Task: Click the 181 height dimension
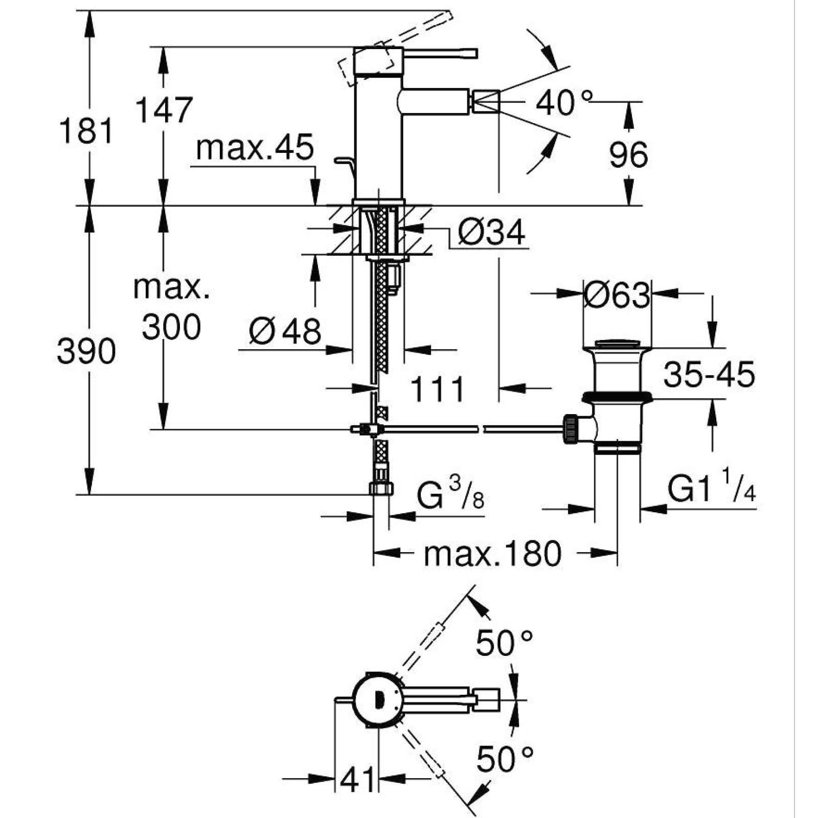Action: pos(86,130)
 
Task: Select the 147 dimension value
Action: pos(164,110)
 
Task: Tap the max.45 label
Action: pos(255,148)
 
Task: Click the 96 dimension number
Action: pos(628,154)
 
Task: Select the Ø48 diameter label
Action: pos(285,331)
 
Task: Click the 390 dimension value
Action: pos(86,352)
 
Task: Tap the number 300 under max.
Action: pos(171,327)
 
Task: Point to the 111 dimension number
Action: pos(438,390)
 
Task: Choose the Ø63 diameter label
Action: pos(617,295)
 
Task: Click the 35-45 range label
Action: pos(709,374)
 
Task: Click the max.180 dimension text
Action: pos(492,554)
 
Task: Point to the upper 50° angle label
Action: pos(504,643)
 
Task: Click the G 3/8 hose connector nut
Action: pos(381,488)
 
